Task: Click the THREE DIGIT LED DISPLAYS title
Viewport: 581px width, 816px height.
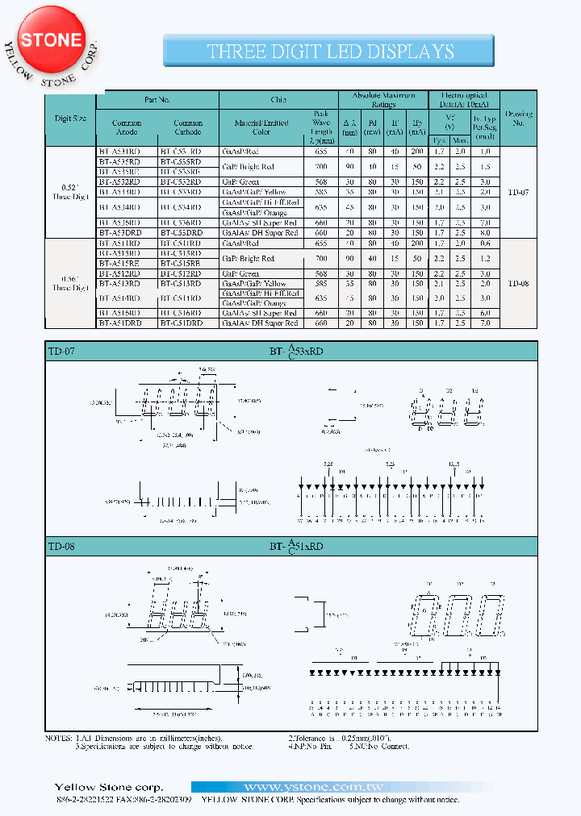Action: [330, 52]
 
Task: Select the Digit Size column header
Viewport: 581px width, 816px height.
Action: [70, 118]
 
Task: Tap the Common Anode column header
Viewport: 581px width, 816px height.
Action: [127, 128]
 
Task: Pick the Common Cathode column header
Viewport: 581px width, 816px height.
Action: [188, 128]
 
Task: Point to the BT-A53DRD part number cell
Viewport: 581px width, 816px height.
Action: [127, 232]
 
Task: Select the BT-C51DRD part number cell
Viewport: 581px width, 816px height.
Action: [188, 323]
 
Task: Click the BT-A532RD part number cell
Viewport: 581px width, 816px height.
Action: [127, 182]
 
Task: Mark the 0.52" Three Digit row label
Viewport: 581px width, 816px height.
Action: [70, 191]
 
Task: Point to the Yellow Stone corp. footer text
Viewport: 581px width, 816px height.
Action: [108, 787]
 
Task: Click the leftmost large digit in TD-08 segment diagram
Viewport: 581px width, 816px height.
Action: [425, 618]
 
